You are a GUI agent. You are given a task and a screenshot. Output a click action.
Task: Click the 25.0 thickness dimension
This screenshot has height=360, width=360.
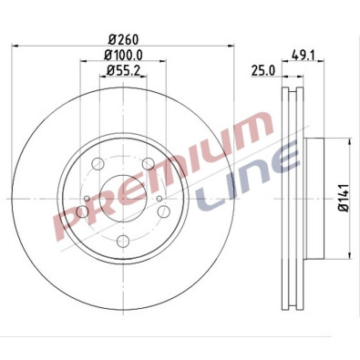(265, 71)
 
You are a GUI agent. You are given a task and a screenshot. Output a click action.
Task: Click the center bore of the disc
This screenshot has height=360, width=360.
(121, 199)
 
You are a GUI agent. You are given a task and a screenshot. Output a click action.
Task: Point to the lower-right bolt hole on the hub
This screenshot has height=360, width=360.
(159, 211)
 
